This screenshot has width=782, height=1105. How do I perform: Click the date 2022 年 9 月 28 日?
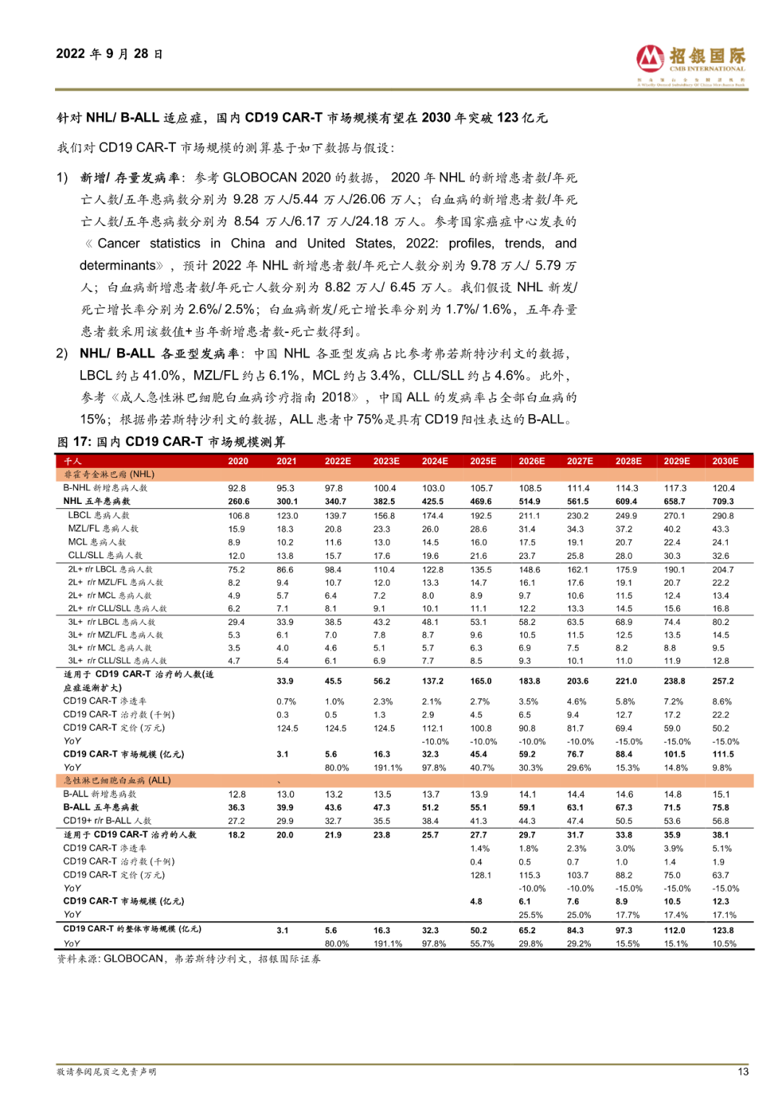(109, 54)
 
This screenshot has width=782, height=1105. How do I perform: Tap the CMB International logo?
(691, 64)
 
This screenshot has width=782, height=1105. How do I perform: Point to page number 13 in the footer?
(743, 1072)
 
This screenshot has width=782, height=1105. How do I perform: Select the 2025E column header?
(483, 461)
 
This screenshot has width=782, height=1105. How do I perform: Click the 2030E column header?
(725, 461)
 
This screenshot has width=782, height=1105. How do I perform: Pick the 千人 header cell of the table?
(73, 461)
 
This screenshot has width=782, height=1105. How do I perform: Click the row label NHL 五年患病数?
(97, 501)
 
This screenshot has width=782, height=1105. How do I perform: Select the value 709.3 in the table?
(723, 501)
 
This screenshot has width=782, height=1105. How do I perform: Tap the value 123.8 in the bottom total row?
(723, 930)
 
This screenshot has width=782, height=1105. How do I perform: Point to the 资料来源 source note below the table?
(189, 959)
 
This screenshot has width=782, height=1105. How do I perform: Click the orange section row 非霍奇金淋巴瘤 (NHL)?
(109, 474)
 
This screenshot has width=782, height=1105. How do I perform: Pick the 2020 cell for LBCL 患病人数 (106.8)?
(239, 516)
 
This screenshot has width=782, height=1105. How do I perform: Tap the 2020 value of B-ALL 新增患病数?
(237, 794)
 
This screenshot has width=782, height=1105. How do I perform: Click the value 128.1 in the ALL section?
(481, 875)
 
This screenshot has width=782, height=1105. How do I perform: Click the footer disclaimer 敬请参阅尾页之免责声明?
(106, 1072)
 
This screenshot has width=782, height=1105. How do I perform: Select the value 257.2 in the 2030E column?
(723, 681)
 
